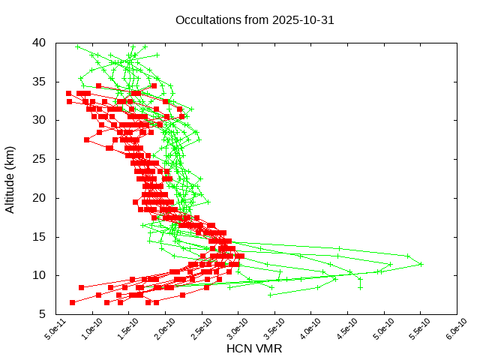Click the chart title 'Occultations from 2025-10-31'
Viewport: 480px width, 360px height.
pos(255,20)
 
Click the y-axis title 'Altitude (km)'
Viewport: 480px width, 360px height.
pos(10,178)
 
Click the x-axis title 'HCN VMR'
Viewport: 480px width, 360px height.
pos(254,349)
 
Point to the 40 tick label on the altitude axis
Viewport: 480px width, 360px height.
pos(40,43)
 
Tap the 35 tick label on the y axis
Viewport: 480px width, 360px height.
pos(40,82)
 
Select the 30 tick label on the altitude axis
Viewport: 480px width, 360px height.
pos(40,120)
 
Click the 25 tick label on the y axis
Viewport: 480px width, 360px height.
pos(40,159)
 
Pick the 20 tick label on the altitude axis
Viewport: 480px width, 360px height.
pos(40,198)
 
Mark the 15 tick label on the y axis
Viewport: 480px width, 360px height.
pos(40,237)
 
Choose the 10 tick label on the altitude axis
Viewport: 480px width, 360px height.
pos(40,275)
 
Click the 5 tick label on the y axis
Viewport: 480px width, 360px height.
pos(43,314)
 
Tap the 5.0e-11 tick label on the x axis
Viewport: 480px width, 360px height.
pos(46,331)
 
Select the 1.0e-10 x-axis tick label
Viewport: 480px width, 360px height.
pos(83,331)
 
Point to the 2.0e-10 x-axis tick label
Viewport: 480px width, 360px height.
pos(156,331)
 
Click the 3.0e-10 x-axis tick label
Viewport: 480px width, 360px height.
pos(229,331)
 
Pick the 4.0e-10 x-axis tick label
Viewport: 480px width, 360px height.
pos(302,331)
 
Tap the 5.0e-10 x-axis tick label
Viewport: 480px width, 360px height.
pos(376,331)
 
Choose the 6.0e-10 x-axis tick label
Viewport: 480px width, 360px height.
pos(448,331)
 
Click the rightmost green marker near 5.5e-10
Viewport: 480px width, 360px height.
pos(421,264)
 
